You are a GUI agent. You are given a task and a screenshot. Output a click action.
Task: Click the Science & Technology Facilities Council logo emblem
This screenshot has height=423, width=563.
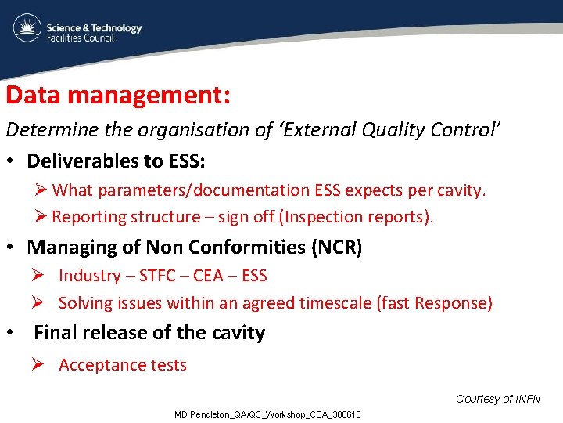tap(26, 29)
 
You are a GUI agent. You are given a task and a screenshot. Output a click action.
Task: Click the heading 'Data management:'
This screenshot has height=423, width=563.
tap(117, 96)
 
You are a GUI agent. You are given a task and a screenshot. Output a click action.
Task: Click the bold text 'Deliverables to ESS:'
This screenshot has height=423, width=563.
tap(116, 161)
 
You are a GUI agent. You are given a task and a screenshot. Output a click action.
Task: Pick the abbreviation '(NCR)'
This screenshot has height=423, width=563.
tap(336, 248)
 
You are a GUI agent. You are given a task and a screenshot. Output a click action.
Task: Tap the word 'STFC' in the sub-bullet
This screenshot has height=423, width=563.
tap(163, 276)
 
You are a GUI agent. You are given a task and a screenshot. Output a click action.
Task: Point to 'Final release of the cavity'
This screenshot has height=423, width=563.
tap(149, 333)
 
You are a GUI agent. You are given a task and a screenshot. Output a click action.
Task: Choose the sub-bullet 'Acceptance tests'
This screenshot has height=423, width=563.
tap(123, 365)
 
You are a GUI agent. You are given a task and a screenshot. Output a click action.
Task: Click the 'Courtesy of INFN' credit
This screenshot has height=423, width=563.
tap(497, 399)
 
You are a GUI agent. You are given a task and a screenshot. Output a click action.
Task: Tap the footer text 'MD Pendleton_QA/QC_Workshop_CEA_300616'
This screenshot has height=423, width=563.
tap(267, 414)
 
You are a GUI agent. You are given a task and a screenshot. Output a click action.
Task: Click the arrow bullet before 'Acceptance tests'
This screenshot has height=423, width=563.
tap(40, 365)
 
